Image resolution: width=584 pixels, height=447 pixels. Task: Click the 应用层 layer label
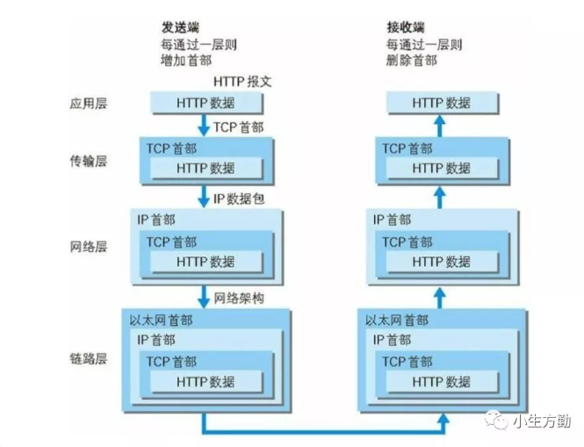[x=88, y=103]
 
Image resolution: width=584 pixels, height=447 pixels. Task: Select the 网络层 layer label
[x=88, y=247]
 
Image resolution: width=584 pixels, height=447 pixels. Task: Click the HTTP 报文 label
[x=242, y=82]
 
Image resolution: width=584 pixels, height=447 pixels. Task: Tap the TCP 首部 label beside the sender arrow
[x=238, y=127]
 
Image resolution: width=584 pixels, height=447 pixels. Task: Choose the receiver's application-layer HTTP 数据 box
[x=442, y=103]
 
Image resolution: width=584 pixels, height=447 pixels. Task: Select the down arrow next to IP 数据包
[x=205, y=197]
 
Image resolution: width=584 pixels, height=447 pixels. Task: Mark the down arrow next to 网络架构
[x=205, y=297]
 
